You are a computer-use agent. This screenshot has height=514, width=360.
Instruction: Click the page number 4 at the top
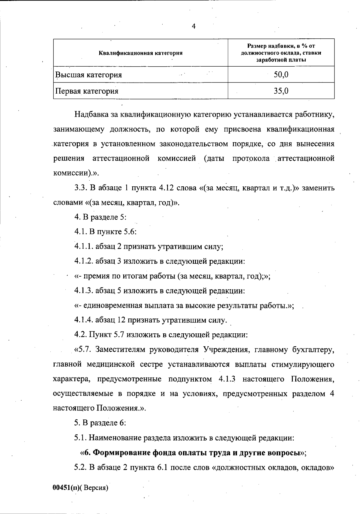pos(193,26)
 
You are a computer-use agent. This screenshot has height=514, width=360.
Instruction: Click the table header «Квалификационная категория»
pos(140,53)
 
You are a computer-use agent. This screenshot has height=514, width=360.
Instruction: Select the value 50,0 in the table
pos(281,74)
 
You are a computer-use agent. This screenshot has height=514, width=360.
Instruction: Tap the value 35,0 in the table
pos(281,91)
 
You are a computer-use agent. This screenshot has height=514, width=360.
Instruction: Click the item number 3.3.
pos(80,188)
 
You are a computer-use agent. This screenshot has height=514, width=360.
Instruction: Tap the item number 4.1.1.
pos(84,247)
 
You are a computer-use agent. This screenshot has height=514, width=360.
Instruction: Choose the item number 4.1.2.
pos(84,261)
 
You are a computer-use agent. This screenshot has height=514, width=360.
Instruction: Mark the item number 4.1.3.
pos(84,291)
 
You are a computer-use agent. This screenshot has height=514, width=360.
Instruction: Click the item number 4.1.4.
pos(84,320)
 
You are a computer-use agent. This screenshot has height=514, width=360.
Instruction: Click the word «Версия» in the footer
pos(95,488)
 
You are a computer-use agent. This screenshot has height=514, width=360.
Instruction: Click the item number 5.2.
pos(80,467)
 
